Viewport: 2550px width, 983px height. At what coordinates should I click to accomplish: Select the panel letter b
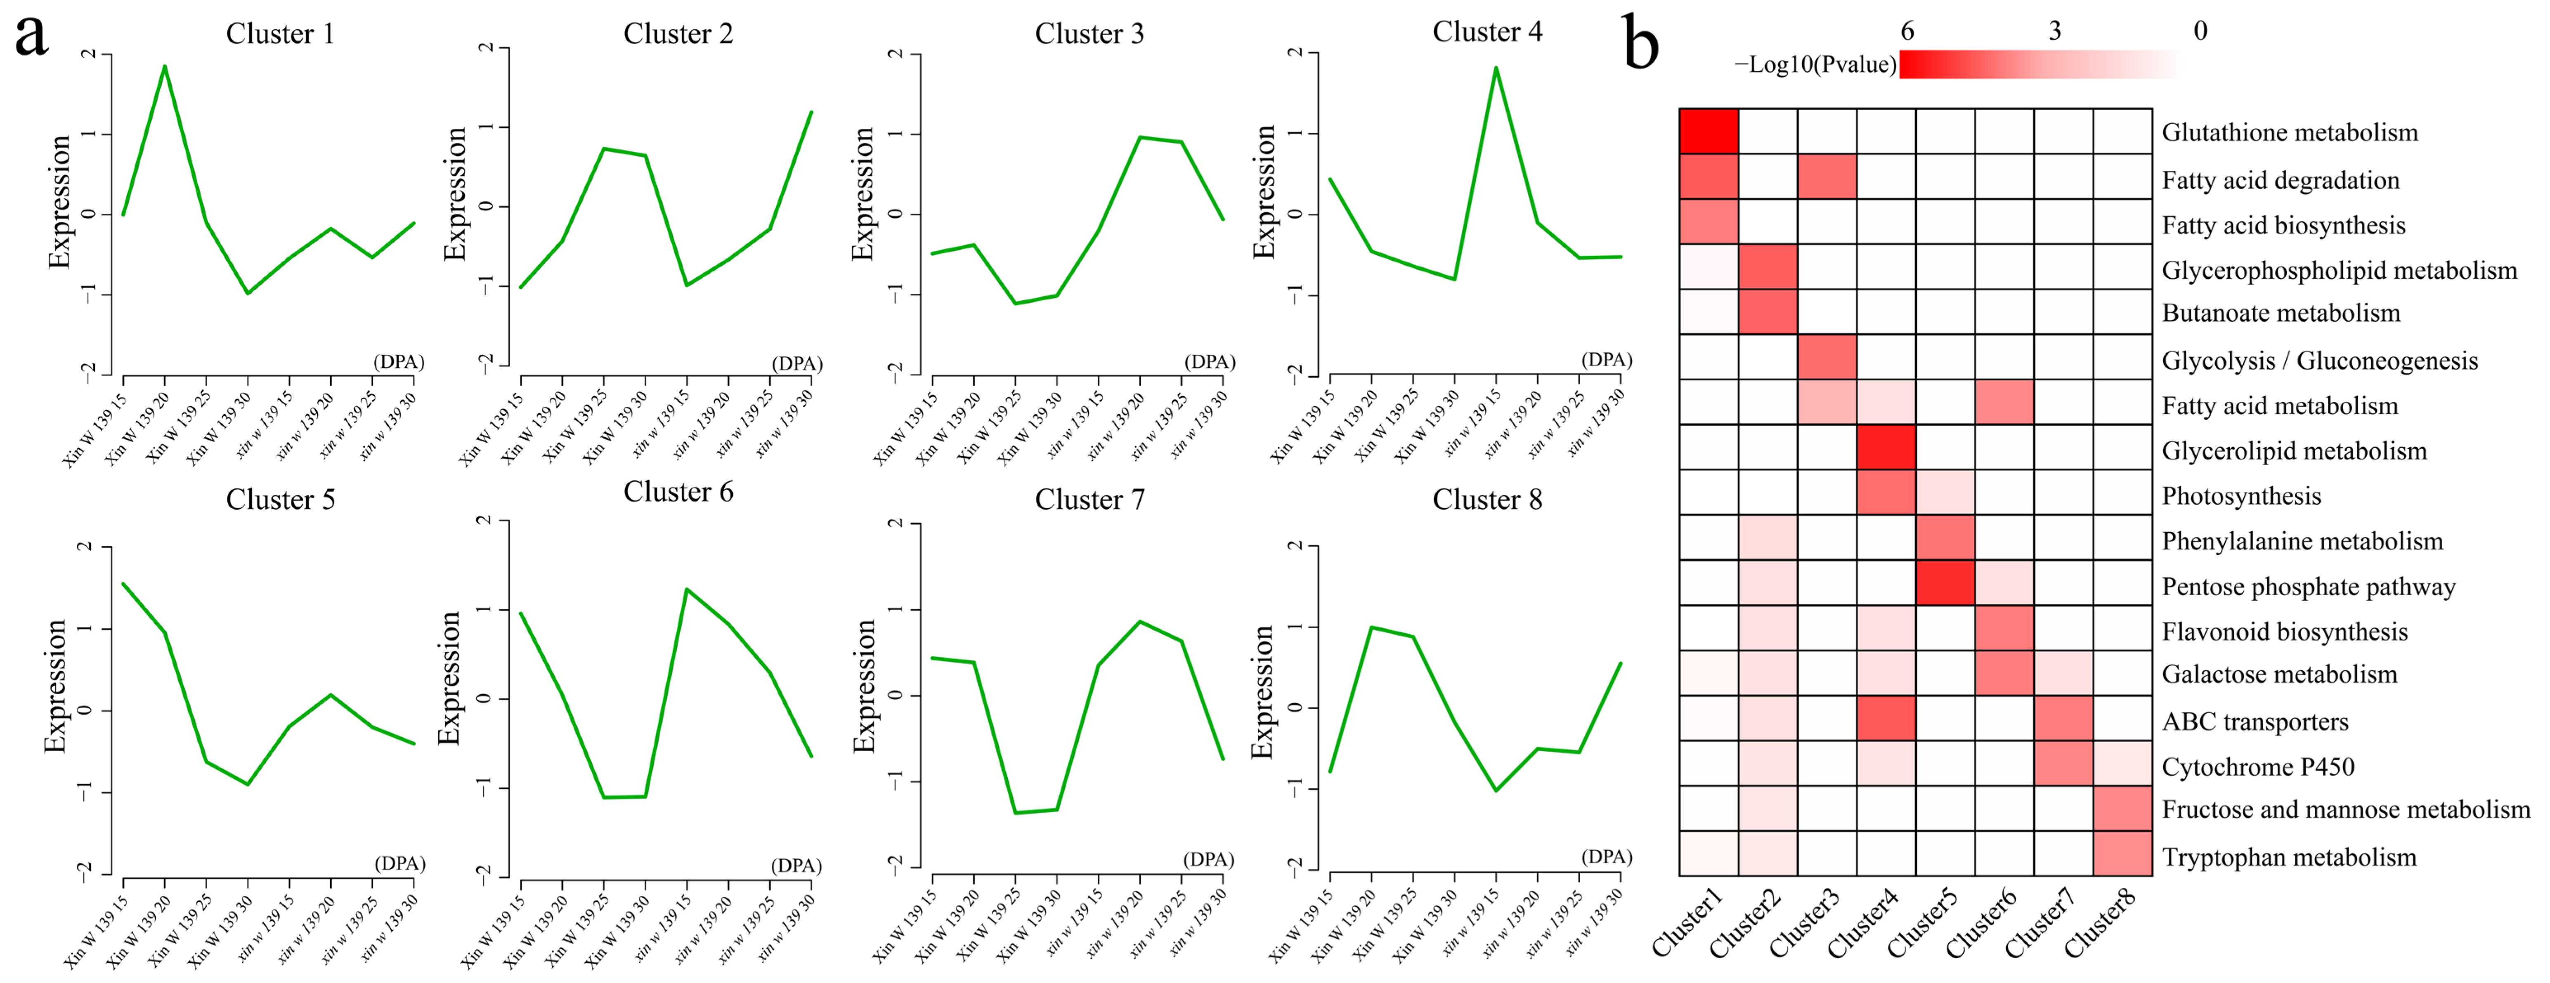(x=1640, y=45)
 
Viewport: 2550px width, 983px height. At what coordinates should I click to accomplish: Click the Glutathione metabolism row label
(x=2289, y=133)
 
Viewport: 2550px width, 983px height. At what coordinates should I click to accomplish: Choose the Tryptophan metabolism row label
(x=2289, y=857)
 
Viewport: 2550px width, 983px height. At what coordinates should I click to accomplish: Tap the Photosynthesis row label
(x=2241, y=496)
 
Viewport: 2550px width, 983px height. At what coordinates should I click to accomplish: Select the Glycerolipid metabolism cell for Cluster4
(x=1886, y=448)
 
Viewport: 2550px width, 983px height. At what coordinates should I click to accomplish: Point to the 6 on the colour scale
(x=1907, y=31)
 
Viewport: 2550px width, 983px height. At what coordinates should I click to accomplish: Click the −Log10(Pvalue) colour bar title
(x=1815, y=65)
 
